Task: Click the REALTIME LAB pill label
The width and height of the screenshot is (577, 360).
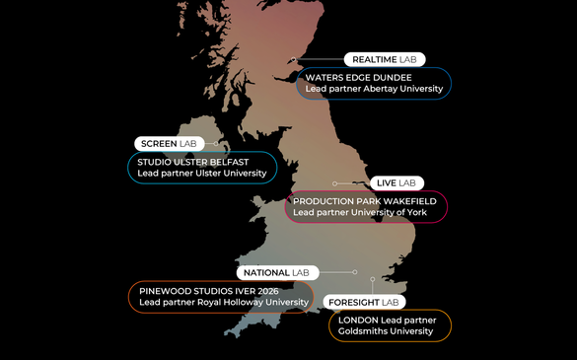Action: [385, 59]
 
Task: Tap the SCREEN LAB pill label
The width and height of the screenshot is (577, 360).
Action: [169, 144]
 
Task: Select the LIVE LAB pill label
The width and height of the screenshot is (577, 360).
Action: [396, 183]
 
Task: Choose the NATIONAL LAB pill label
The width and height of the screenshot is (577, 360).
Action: [276, 272]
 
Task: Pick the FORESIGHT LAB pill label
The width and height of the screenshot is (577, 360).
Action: [364, 302]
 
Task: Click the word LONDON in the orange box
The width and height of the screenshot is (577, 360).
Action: [357, 321]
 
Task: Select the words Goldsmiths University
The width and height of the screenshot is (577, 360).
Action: [386, 332]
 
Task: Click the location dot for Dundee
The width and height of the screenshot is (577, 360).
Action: [293, 60]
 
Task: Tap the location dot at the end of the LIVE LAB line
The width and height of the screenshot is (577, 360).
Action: [335, 183]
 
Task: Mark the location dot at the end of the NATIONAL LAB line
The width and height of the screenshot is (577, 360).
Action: [357, 272]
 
